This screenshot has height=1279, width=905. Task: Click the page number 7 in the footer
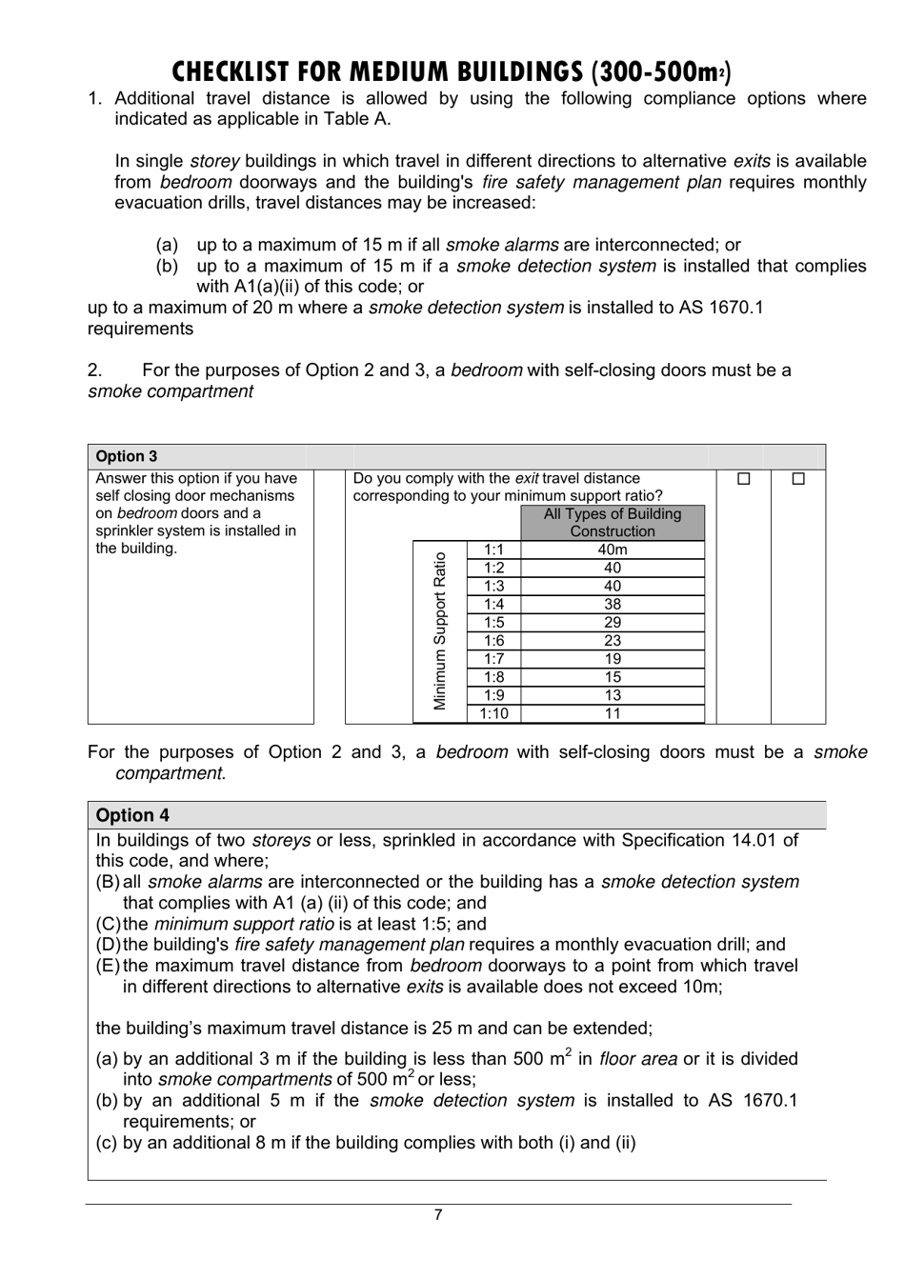point(438,1214)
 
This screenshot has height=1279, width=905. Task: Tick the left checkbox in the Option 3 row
point(744,479)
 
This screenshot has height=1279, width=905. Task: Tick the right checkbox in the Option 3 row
point(798,479)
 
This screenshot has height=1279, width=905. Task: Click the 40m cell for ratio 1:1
point(612,550)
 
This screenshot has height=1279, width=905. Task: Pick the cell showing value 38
point(612,604)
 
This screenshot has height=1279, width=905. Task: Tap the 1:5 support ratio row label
point(493,622)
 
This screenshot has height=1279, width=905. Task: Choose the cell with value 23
point(612,641)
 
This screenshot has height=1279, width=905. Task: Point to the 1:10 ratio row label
point(493,713)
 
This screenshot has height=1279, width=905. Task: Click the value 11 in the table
point(612,713)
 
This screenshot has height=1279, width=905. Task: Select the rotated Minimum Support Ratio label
point(440,631)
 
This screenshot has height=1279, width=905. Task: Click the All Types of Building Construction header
point(612,523)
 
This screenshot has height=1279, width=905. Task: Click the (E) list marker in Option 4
point(108,966)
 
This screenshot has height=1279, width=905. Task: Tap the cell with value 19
point(612,659)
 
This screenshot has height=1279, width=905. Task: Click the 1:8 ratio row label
point(493,677)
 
